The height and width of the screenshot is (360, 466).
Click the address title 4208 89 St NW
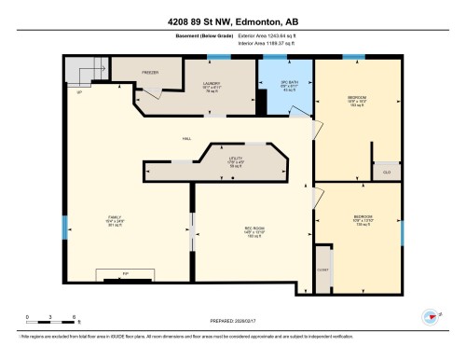232,21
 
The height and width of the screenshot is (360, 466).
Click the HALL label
187,137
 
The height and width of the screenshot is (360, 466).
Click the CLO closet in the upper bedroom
386,172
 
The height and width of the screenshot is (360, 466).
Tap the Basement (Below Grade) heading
200,35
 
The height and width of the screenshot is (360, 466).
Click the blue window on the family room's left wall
64,227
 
